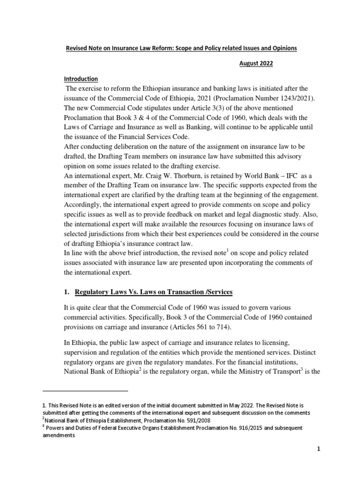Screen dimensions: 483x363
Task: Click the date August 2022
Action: coord(256,63)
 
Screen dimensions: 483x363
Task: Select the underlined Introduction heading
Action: coord(81,79)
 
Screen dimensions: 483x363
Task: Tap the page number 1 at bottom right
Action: coord(319,463)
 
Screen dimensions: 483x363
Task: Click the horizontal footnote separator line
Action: coord(86,391)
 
